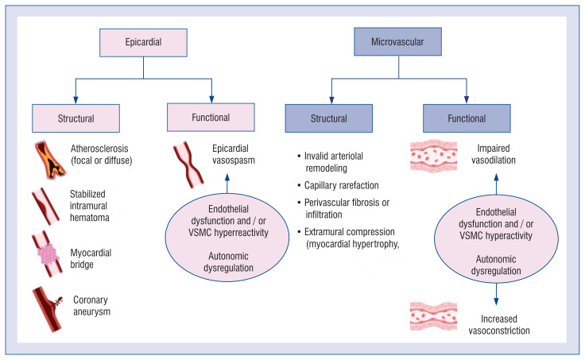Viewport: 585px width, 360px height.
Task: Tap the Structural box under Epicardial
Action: pyautogui.click(x=76, y=119)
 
